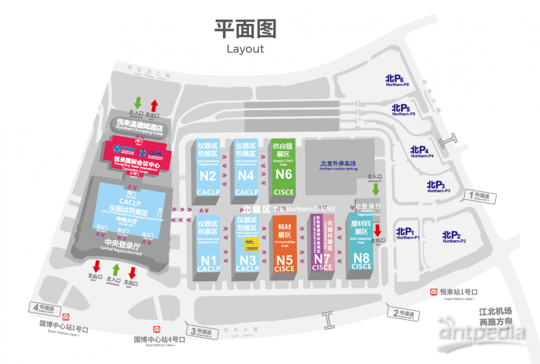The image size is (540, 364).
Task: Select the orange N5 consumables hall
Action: coord(285,246)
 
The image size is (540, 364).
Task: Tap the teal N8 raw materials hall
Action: coord(361,246)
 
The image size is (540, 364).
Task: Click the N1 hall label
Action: coord(209,260)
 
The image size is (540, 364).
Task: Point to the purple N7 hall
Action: coord(322,246)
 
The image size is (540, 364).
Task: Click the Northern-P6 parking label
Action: coord(397,80)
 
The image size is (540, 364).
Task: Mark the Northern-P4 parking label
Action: coord(422,152)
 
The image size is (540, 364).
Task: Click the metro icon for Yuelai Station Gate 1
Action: coord(434,292)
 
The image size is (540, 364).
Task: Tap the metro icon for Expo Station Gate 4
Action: coord(156,329)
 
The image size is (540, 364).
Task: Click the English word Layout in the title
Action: coord(245,49)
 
